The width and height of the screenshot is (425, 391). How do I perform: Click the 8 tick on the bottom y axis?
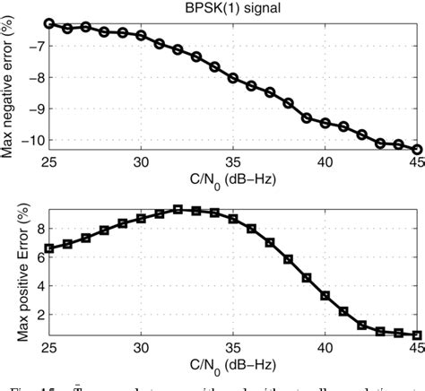pyautogui.click(x=38, y=228)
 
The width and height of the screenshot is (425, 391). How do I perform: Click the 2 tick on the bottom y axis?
pyautogui.click(x=38, y=311)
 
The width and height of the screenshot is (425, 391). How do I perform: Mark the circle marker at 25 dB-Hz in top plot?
pyautogui.click(x=49, y=23)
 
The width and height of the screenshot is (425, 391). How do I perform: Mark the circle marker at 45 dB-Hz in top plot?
pyautogui.click(x=417, y=150)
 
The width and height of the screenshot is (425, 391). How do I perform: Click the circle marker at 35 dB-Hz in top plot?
pyautogui.click(x=233, y=78)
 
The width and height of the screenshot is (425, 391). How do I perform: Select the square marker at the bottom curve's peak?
pyautogui.click(x=178, y=209)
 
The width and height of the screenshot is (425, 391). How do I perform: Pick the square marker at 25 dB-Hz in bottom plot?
pyautogui.click(x=49, y=248)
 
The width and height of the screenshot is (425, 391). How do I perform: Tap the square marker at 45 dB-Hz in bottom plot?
pyautogui.click(x=417, y=335)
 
